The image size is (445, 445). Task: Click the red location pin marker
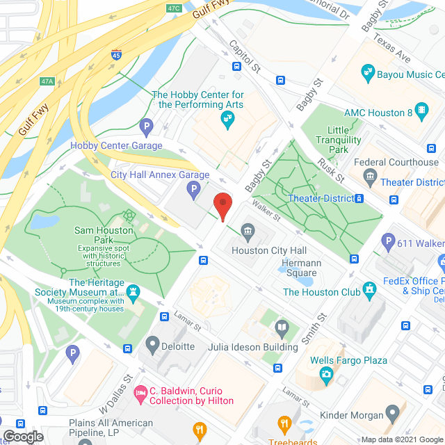coord(222,207)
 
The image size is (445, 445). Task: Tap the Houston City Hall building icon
coord(248,231)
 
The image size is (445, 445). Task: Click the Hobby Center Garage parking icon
coord(146,127)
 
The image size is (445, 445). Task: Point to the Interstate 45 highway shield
coord(117,54)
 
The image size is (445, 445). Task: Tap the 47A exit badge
coord(47,81)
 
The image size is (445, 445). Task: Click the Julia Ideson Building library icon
coord(282,327)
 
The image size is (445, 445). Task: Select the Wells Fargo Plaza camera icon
coord(326,375)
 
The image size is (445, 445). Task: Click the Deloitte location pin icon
coord(153,344)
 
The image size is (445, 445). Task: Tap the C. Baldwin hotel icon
coord(141,394)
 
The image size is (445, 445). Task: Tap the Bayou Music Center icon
coord(368,73)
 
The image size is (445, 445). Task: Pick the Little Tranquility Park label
coord(344,140)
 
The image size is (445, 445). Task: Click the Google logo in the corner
coord(22,436)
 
